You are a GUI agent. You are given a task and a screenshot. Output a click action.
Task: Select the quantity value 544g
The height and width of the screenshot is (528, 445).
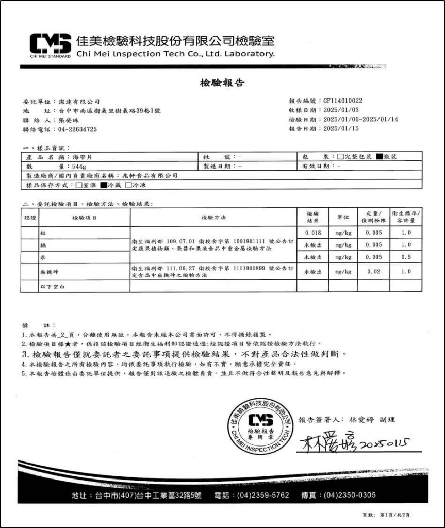point(79,166)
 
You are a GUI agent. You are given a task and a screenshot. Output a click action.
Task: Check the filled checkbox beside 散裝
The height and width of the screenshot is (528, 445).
point(380,156)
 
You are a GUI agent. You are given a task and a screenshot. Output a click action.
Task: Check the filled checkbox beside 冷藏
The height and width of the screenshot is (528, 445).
point(103,185)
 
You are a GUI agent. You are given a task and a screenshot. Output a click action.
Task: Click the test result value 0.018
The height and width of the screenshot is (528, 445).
point(312,233)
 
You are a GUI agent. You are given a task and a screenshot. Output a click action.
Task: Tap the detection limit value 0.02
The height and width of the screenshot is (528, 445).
point(374,271)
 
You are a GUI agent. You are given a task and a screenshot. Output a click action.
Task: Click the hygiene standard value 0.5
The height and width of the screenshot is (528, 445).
point(406,257)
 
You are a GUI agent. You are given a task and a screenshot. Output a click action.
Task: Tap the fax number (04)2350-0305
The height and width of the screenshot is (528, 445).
point(350,496)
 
